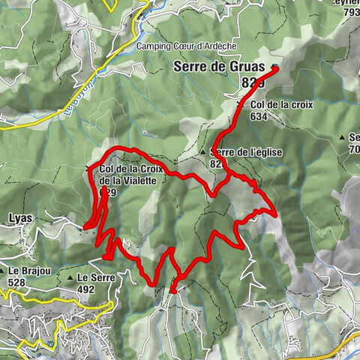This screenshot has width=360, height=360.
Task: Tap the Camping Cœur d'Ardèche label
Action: [186, 46]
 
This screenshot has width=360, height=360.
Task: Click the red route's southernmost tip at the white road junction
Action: [173, 289]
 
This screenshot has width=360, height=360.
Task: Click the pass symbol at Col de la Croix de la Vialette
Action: [90, 168]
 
